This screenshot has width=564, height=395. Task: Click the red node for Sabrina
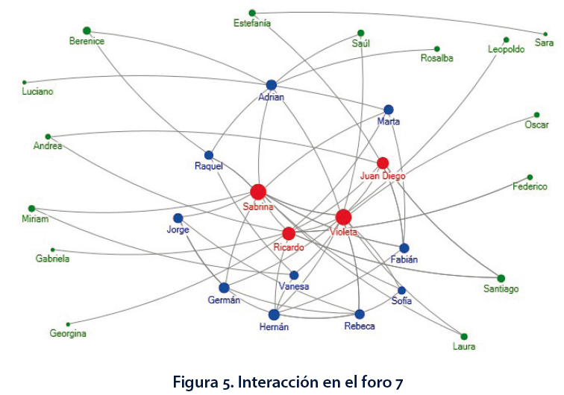(x=258, y=192)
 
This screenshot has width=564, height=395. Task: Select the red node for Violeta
(x=343, y=217)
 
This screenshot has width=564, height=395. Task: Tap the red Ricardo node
(x=289, y=233)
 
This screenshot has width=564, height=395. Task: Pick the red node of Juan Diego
(x=383, y=162)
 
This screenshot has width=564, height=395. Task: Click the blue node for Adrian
(x=272, y=85)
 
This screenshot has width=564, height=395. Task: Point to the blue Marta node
(x=389, y=110)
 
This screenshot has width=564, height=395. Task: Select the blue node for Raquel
(x=209, y=155)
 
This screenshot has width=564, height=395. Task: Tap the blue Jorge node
(x=178, y=218)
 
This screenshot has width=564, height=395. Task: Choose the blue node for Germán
(x=224, y=288)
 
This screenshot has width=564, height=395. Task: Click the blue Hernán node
(x=274, y=315)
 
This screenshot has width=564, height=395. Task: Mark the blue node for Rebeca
(x=360, y=314)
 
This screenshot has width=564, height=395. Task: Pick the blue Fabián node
(x=404, y=248)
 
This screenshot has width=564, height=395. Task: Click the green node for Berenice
(x=87, y=30)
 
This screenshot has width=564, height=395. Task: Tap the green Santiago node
(x=501, y=278)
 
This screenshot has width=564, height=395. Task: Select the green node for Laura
(x=464, y=336)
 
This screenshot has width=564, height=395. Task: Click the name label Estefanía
(x=251, y=23)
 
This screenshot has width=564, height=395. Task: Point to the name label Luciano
(x=39, y=92)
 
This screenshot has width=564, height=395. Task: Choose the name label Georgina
(x=68, y=334)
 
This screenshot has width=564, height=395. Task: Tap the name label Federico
(x=530, y=187)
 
